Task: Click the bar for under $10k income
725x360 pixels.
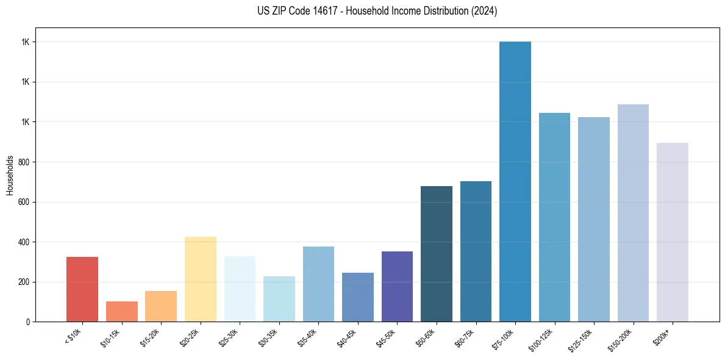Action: point(82,289)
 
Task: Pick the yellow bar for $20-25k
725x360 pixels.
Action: point(201,279)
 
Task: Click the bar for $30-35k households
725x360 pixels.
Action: point(279,299)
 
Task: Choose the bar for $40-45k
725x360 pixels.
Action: point(358,297)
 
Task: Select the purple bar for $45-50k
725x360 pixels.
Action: point(397,286)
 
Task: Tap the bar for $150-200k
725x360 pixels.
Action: point(633,213)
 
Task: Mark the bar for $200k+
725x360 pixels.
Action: point(673,232)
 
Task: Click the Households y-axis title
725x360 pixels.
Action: point(10,175)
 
